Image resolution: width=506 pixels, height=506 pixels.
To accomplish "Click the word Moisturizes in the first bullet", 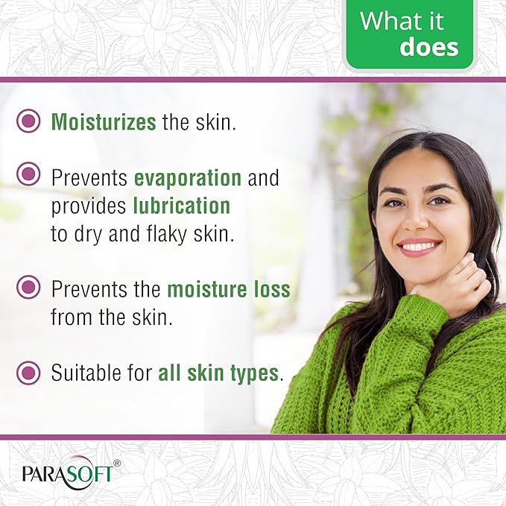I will (103, 121).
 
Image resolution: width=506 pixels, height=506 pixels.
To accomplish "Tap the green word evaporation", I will (187, 178).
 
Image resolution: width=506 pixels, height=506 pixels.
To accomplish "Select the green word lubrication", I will (181, 206).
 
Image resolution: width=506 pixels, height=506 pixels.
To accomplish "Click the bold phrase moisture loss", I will (228, 289).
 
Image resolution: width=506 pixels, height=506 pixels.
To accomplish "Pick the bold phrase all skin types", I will (218, 373).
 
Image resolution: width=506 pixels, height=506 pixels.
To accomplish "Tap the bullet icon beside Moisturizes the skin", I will (28, 121).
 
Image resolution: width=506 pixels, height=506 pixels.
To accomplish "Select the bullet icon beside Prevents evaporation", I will (28, 175).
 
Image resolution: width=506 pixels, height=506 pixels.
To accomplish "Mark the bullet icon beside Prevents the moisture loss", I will (28, 287).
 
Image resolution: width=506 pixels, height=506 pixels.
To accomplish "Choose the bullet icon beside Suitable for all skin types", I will (28, 370).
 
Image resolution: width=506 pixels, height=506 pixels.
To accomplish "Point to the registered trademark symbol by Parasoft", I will (116, 464).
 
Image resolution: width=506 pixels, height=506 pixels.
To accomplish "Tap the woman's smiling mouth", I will (420, 246).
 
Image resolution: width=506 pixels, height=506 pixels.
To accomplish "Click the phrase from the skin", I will (111, 317).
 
